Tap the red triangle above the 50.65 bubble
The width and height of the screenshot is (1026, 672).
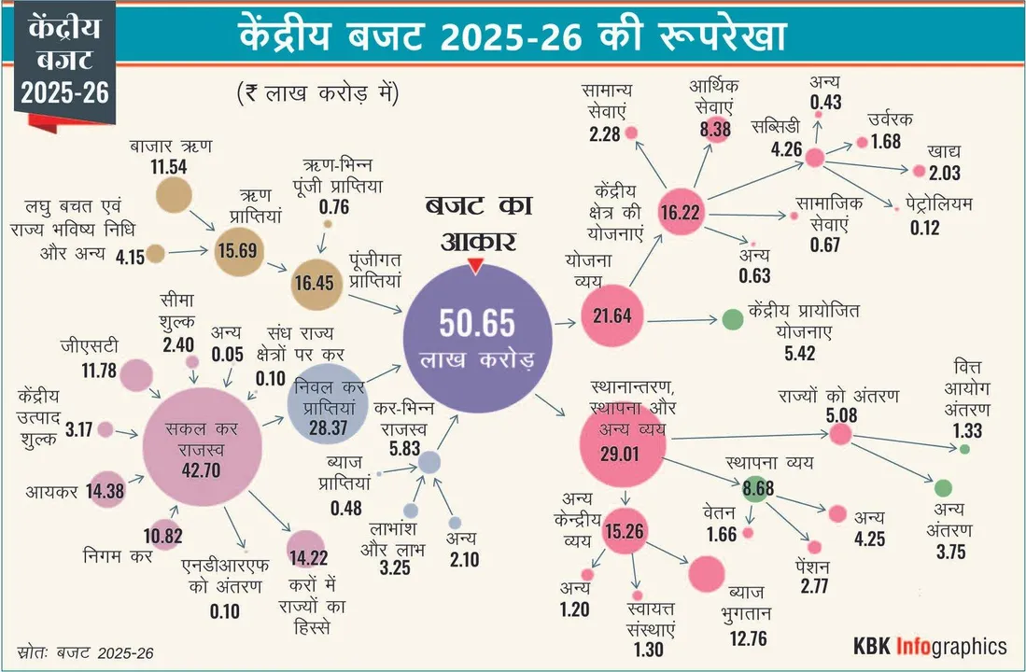coord(475,268)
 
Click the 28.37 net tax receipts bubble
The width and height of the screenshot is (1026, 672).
coord(323,407)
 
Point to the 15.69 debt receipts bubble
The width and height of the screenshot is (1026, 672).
coord(241,250)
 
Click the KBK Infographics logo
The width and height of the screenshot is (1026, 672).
coord(930,646)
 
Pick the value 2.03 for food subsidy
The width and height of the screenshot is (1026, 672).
coord(944,173)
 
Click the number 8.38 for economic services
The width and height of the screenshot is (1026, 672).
coord(714,130)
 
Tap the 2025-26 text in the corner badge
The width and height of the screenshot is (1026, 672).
coord(63,93)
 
